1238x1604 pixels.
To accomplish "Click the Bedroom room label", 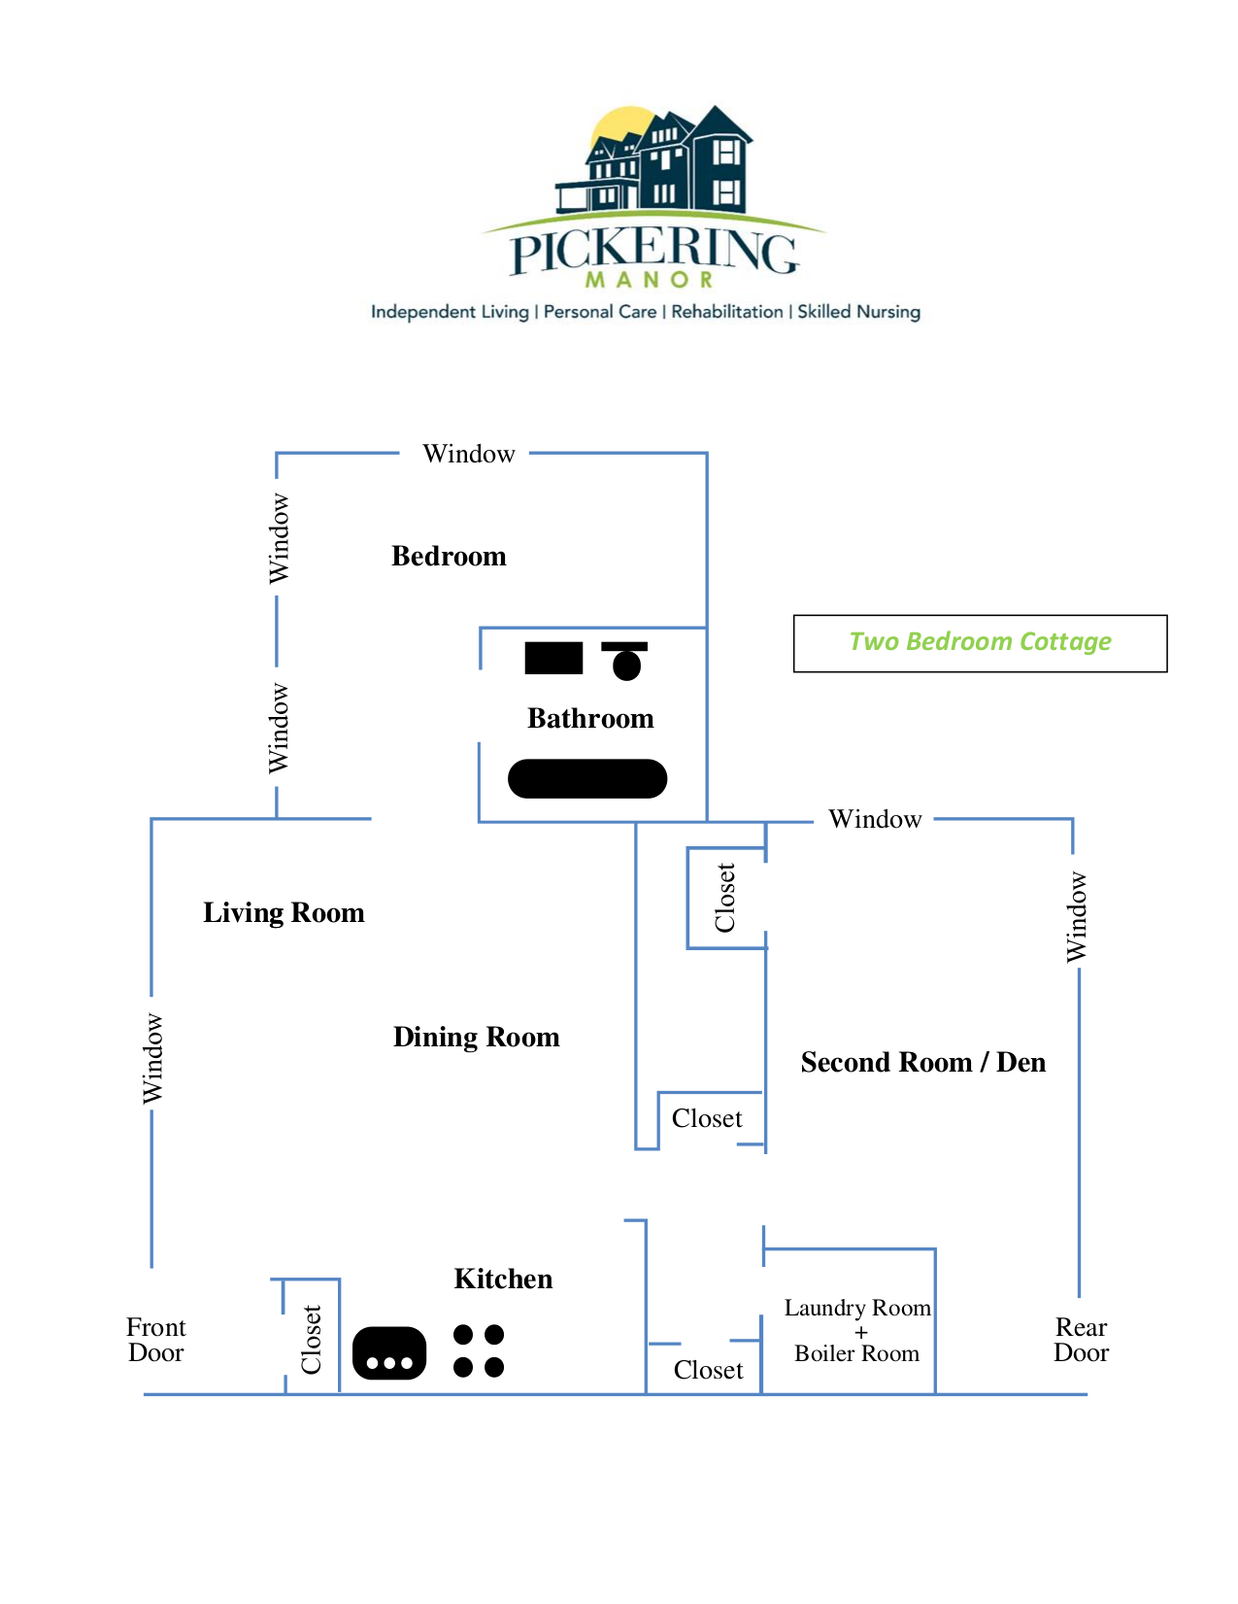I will click(x=449, y=557).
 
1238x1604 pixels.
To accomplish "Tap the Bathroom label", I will click(x=590, y=719).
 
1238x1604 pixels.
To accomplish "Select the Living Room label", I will click(x=284, y=913).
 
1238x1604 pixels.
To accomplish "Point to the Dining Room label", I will click(x=476, y=1038).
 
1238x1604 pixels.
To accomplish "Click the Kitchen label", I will click(x=503, y=1280).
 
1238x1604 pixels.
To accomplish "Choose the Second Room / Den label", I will click(x=922, y=1063).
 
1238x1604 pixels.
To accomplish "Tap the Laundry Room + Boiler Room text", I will click(x=857, y=1331).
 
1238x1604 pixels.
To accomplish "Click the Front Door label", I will click(x=155, y=1341).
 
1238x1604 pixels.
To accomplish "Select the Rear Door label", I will click(x=1081, y=1341).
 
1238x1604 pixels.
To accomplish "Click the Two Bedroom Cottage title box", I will click(x=980, y=643).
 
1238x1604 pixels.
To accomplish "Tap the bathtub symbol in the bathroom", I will click(x=587, y=779).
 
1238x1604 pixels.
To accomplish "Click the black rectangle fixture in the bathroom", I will click(x=553, y=659).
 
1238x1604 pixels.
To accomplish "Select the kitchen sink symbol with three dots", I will click(x=389, y=1353).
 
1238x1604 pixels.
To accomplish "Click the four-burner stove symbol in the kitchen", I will click(x=479, y=1351).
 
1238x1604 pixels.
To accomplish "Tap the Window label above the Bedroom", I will click(x=468, y=455).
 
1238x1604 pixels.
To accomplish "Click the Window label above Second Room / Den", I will click(x=874, y=820).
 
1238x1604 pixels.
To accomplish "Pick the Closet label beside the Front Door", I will click(x=312, y=1340).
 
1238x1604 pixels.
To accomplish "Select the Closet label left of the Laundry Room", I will click(x=708, y=1371).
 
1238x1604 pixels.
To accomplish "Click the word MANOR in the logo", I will click(x=650, y=280).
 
